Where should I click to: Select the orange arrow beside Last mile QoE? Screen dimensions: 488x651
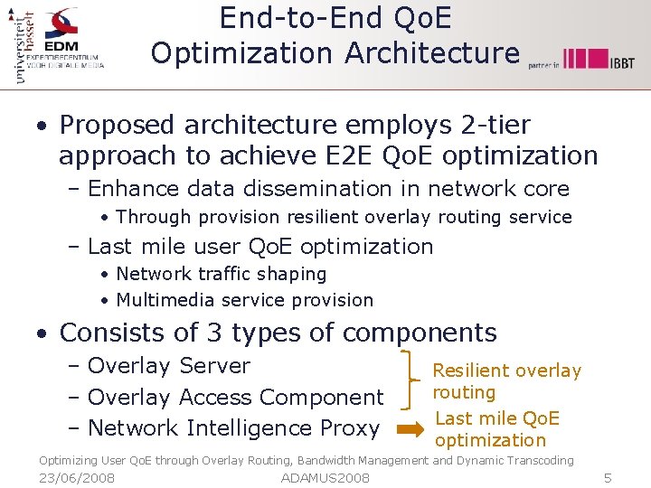[409, 430]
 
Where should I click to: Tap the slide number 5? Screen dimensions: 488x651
[608, 477]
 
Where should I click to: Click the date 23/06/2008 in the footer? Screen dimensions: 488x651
[77, 477]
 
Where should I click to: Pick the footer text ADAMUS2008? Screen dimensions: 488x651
[325, 477]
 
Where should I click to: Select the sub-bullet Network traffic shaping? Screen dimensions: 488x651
[222, 274]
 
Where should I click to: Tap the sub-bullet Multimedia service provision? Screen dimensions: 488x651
[244, 300]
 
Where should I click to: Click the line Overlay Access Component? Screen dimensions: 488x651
[236, 397]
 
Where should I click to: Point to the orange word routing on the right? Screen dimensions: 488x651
[464, 392]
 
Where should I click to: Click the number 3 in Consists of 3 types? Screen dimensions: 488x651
[214, 333]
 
